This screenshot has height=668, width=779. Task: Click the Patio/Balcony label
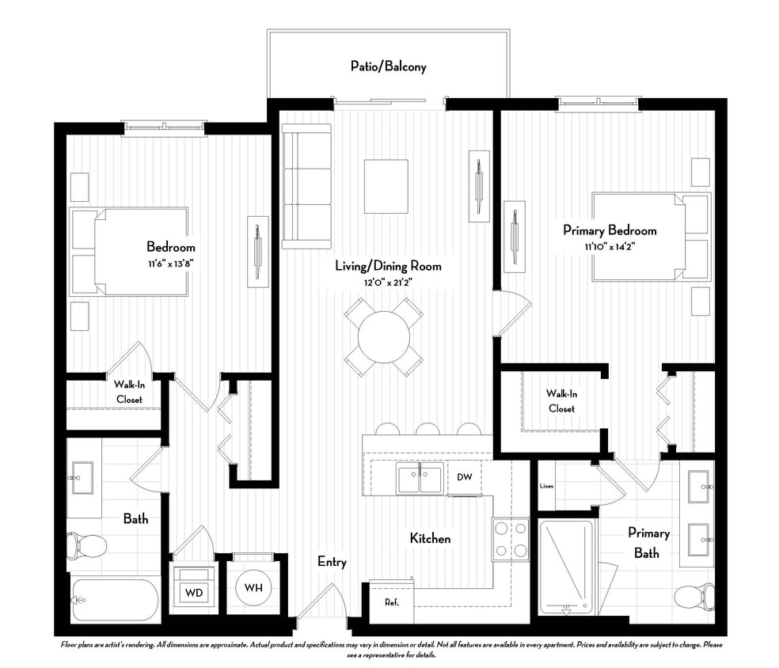coord(388,66)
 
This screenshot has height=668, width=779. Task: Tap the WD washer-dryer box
coord(193,591)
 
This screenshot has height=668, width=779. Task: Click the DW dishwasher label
coord(464,477)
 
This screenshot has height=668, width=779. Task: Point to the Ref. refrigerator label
coord(391,602)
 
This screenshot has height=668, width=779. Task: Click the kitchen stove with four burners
coord(511,539)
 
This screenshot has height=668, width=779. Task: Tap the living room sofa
coord(306,187)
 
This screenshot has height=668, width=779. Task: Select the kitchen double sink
coord(420,478)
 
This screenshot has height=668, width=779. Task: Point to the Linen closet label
coord(546,486)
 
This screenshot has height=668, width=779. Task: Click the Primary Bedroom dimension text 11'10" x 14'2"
coord(610,246)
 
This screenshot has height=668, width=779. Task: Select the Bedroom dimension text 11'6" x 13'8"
coord(170,262)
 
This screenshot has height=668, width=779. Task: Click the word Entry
coord(332,562)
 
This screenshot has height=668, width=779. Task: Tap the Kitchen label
coord(430,539)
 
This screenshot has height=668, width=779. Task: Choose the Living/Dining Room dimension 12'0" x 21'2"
coord(387,282)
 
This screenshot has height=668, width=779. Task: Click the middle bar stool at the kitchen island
coord(427,429)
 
